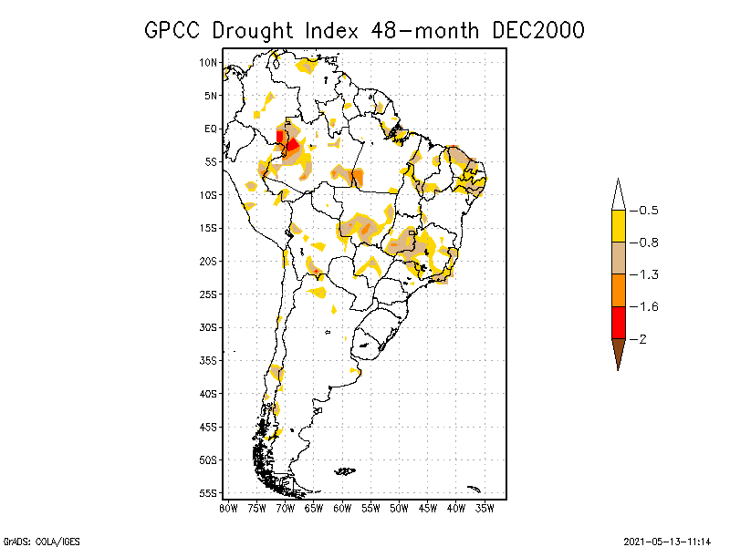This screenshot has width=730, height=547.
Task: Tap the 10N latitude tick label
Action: click(x=209, y=62)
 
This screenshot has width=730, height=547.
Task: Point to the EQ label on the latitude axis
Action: click(x=211, y=129)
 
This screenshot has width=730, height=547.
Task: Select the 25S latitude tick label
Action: click(x=209, y=294)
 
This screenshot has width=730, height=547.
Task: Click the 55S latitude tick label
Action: click(x=209, y=492)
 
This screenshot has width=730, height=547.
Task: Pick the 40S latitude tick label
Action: click(x=209, y=393)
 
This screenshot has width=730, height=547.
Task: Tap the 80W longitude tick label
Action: click(x=228, y=507)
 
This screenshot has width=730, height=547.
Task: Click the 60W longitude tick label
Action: click(x=342, y=507)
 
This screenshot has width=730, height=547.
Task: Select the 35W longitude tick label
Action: click(x=485, y=507)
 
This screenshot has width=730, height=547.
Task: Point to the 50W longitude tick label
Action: click(x=399, y=507)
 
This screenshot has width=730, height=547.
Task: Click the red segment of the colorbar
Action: click(x=618, y=322)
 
